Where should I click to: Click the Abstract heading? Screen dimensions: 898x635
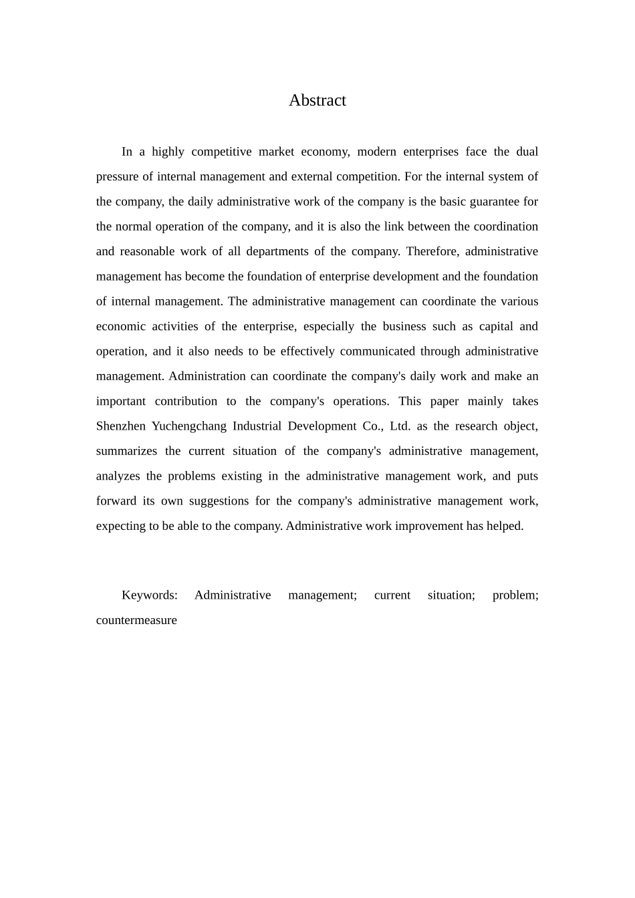[317, 100]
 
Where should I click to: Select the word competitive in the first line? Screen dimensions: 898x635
[221, 152]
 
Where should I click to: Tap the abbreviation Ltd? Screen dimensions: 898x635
[400, 426]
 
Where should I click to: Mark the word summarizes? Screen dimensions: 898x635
[126, 451]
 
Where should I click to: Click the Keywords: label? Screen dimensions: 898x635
[150, 595]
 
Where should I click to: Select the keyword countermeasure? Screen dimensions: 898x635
[136, 620]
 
